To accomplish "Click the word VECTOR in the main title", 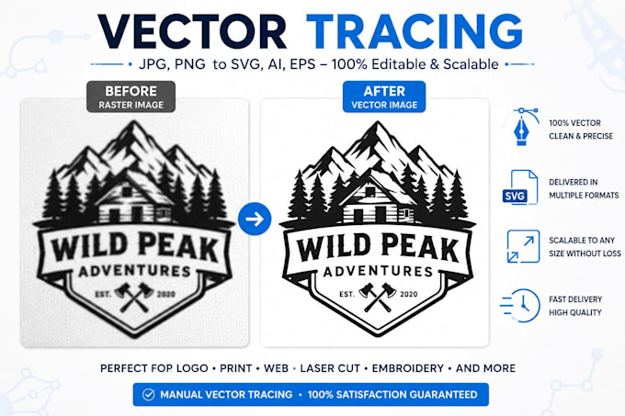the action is [x=192, y=32].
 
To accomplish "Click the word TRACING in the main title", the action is [x=415, y=32].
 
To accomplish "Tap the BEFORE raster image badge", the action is [x=131, y=96].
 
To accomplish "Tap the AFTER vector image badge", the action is [x=384, y=96].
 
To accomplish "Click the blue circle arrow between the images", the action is [x=255, y=219].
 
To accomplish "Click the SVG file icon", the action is [x=520, y=187].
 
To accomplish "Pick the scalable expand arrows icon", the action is [x=523, y=246].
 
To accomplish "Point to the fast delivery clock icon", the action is [x=520, y=305].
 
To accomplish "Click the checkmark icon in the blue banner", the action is [x=148, y=395].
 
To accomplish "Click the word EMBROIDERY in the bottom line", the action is [x=407, y=368].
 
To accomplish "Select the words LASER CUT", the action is [x=330, y=368].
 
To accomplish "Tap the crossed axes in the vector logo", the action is [x=377, y=297].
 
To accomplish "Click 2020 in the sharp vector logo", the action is [x=409, y=294].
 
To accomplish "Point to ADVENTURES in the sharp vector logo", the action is [x=378, y=272].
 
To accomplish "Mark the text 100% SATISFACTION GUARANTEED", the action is [x=392, y=395].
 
